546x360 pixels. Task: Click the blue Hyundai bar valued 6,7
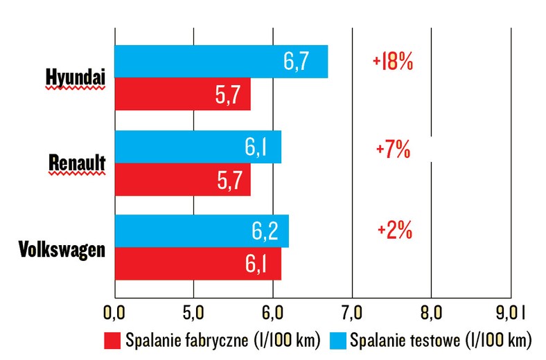pos(220,62)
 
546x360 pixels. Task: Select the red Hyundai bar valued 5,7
pos(182,94)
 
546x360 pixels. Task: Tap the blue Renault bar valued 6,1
pos(197,147)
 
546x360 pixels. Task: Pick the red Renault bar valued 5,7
pos(182,179)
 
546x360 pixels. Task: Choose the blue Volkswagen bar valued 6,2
pos(201,231)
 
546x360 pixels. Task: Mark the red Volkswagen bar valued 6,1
pos(197,264)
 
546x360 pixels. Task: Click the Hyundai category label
pos(76,78)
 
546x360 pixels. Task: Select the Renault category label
pos(77,163)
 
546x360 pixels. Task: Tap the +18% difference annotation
pos(393,63)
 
